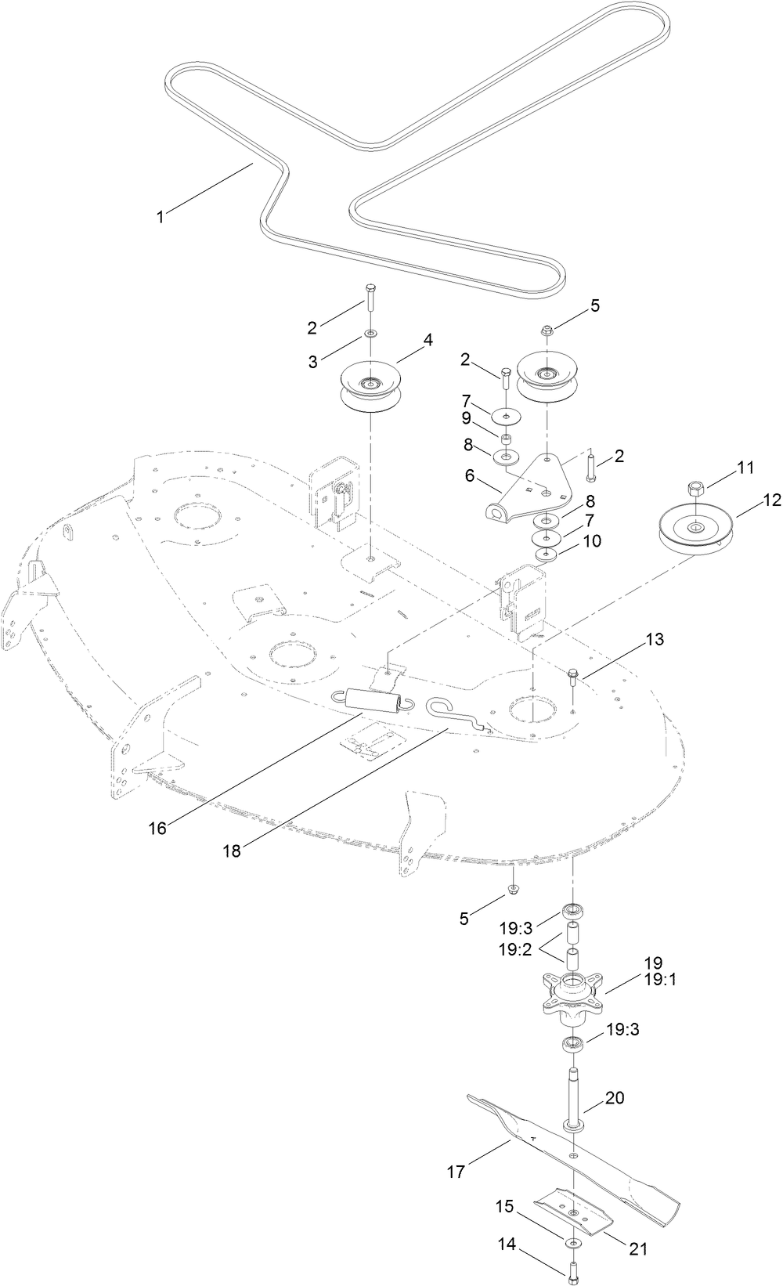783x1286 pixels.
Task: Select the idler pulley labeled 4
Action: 368,389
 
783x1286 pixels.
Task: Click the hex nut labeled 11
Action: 697,490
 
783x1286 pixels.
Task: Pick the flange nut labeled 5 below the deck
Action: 512,889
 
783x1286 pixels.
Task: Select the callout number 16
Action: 157,828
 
